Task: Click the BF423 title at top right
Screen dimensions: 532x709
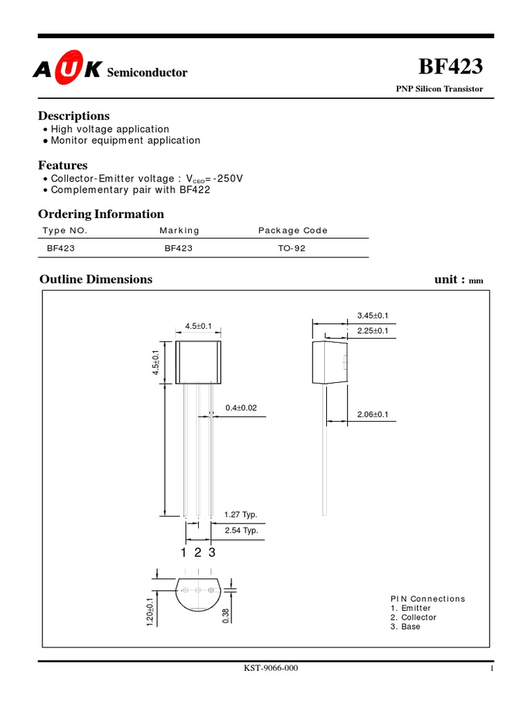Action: click(x=451, y=67)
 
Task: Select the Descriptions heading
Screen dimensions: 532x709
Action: click(x=73, y=116)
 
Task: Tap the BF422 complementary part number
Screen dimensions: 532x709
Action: click(x=196, y=190)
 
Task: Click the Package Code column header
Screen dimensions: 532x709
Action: click(x=293, y=231)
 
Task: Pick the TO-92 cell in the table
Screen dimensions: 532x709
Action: click(x=291, y=248)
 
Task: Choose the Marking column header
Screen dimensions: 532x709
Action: click(x=179, y=231)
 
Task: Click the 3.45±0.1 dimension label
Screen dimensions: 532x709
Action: click(x=373, y=316)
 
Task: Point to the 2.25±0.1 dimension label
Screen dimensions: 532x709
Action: click(x=373, y=331)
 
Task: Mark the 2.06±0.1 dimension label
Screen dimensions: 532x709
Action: click(x=373, y=414)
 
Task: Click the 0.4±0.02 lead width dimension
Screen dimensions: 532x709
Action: click(x=241, y=408)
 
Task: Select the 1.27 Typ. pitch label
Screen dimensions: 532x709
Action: click(x=240, y=514)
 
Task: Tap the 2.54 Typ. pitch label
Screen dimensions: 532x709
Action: click(x=240, y=530)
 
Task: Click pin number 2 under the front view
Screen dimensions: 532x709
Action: click(x=197, y=553)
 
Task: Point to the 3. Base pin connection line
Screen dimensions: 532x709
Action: click(x=405, y=627)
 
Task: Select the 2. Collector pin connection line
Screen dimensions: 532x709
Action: click(x=414, y=617)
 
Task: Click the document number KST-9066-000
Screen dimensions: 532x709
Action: click(x=271, y=668)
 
